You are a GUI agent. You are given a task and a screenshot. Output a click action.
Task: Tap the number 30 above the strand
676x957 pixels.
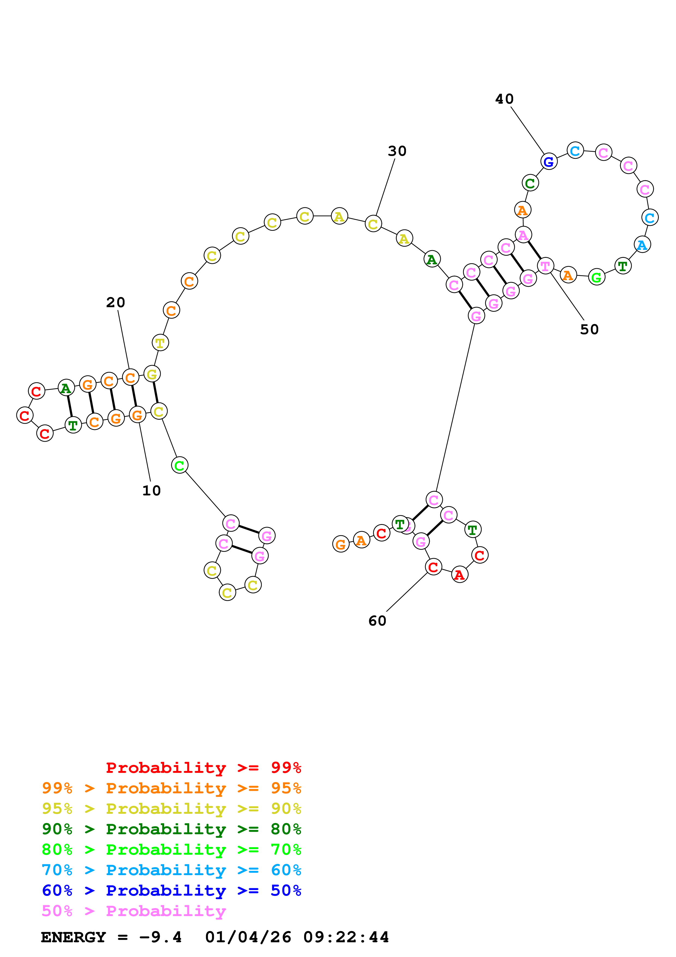397,151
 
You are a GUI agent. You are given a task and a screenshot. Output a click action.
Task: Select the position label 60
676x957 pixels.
377,621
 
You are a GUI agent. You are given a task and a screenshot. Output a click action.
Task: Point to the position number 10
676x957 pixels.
151,491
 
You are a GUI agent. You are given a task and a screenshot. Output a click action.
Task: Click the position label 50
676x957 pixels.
589,330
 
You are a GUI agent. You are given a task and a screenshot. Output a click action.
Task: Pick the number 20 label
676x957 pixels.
115,303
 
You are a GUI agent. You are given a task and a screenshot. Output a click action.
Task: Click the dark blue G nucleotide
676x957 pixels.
549,162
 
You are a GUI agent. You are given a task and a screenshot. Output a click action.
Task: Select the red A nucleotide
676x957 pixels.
459,575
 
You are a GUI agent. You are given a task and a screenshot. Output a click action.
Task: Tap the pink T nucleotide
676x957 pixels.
545,266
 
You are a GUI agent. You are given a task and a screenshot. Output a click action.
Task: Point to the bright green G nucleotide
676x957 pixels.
596,277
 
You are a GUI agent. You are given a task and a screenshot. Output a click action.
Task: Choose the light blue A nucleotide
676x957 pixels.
642,245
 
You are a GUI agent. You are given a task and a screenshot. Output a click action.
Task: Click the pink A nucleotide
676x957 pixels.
523,235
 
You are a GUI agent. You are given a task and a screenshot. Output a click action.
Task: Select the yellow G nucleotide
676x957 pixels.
152,374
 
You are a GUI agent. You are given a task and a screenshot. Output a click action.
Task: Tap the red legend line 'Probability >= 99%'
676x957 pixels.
203,768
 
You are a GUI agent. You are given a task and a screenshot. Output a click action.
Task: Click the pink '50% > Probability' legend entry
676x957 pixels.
134,911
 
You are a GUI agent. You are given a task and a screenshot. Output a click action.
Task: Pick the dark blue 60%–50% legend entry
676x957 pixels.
171,890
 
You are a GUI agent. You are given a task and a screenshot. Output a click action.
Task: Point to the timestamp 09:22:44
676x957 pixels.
346,937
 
